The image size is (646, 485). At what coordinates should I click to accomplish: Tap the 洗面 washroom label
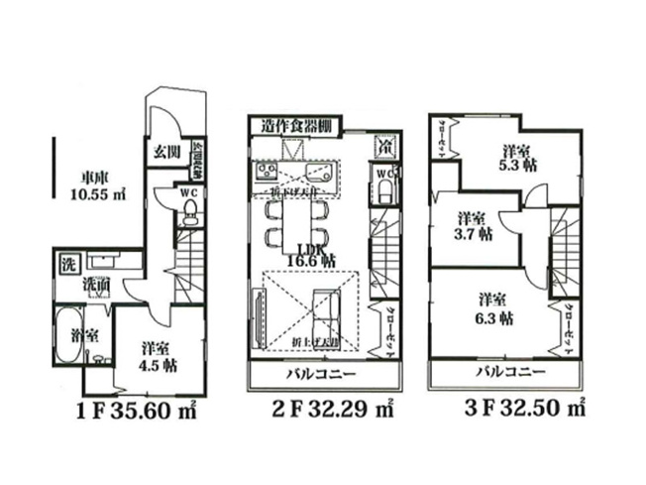pos(97,287)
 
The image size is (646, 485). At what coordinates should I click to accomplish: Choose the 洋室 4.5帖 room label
pos(158,355)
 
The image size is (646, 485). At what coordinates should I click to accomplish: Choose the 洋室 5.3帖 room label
pos(513,159)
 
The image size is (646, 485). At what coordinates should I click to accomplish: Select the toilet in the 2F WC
pos(384,184)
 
